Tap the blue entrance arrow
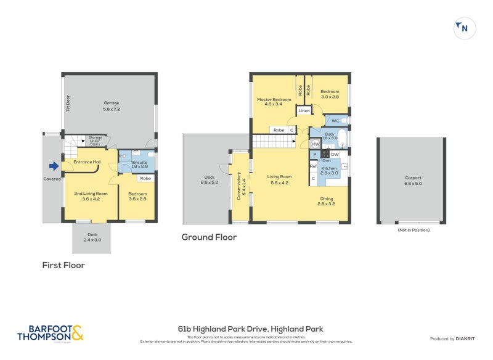pos(54,165)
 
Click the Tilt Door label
pos(68,103)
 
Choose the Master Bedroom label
pos(273,102)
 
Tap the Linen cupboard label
pos(304,111)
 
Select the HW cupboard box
pos(315,144)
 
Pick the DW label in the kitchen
pos(335,154)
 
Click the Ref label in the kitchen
pos(313,166)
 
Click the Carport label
pos(412,179)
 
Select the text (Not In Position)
pos(413,230)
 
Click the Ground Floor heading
pos(209,237)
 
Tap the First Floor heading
pos(63,265)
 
